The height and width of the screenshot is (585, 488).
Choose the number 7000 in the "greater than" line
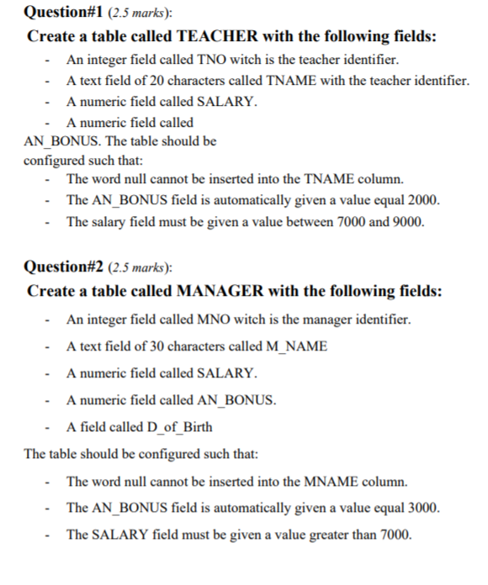(393, 535)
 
